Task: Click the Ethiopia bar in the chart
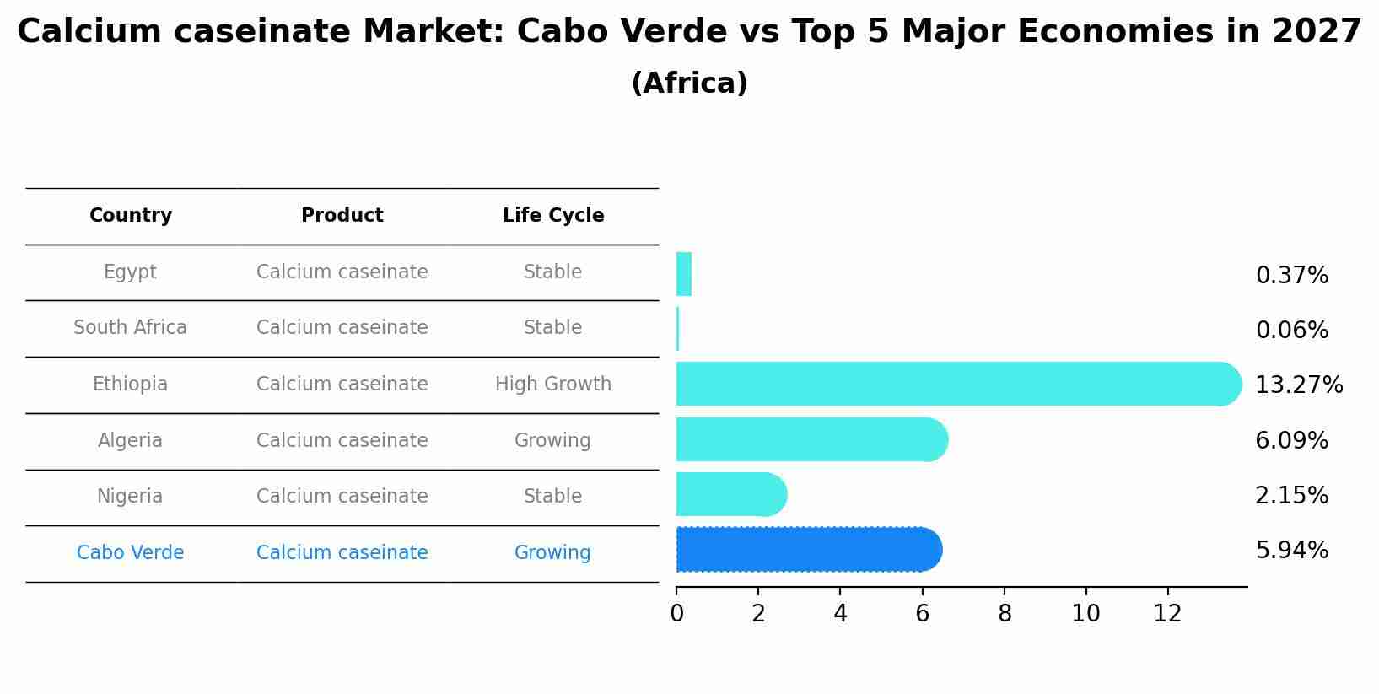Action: click(x=957, y=384)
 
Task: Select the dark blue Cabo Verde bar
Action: click(x=808, y=550)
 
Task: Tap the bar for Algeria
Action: click(x=811, y=439)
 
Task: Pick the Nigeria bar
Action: click(x=730, y=494)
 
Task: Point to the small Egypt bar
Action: click(x=684, y=274)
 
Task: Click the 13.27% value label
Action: click(x=1298, y=385)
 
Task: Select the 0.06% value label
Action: click(x=1291, y=331)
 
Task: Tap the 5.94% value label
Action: click(x=1291, y=551)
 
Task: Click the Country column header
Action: click(x=131, y=216)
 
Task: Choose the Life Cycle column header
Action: click(x=553, y=216)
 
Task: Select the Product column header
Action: click(x=342, y=216)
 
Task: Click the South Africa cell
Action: click(x=131, y=328)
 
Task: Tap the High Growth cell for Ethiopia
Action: click(x=553, y=385)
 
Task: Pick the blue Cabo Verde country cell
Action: click(x=131, y=553)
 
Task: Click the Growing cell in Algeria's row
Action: click(x=552, y=441)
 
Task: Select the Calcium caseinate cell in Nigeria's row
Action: click(x=342, y=497)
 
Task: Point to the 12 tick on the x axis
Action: click(x=1167, y=614)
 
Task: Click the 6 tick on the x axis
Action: click(x=922, y=614)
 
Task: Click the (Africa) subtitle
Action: click(x=689, y=83)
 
